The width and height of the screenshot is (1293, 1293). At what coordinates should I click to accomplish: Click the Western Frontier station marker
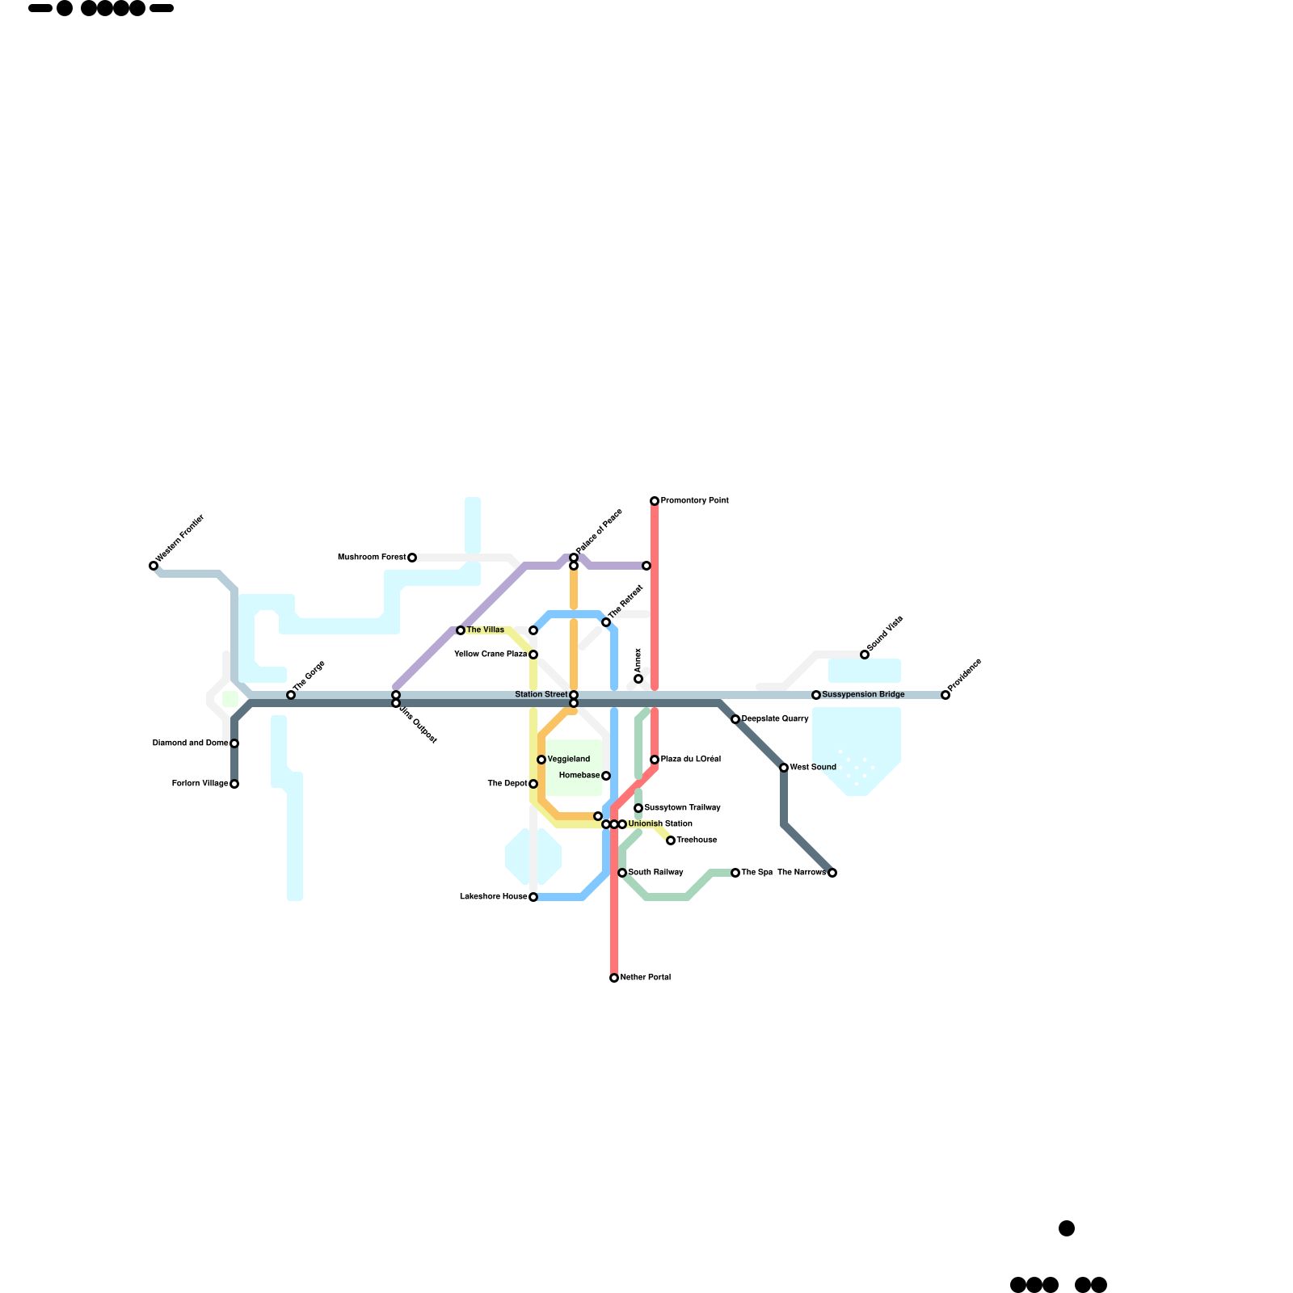pos(154,566)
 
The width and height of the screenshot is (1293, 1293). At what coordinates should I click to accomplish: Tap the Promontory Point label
pos(694,501)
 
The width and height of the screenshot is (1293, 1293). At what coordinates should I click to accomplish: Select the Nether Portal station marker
pos(614,978)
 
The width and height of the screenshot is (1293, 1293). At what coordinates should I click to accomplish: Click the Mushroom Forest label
pos(372,558)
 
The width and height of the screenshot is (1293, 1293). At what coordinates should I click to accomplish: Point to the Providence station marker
pos(946,695)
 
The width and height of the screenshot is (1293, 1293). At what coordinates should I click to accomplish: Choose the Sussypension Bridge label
pos(863,695)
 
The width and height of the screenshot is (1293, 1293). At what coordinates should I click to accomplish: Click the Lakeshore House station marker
pos(533,897)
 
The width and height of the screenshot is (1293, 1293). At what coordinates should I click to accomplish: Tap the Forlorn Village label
pos(200,784)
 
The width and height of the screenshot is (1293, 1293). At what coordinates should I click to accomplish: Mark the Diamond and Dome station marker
pos(234,743)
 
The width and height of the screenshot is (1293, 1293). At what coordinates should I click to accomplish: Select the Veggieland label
pos(569,760)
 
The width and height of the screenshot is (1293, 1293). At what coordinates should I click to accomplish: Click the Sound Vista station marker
pos(865,655)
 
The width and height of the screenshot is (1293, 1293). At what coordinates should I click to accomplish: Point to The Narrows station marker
pos(832,873)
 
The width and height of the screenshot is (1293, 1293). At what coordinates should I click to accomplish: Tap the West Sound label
pos(813,768)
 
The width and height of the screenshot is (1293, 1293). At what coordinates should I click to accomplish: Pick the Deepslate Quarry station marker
pos(735,719)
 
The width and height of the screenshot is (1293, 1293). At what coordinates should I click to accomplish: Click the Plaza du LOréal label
pos(690,760)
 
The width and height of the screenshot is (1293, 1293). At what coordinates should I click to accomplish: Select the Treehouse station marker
pos(671,840)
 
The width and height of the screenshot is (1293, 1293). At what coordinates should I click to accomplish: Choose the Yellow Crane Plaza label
pos(491,655)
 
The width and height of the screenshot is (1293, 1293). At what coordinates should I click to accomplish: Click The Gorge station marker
pos(291,695)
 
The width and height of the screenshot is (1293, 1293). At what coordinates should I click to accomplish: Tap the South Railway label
pos(655,873)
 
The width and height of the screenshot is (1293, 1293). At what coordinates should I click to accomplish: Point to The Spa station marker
pos(735,873)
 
